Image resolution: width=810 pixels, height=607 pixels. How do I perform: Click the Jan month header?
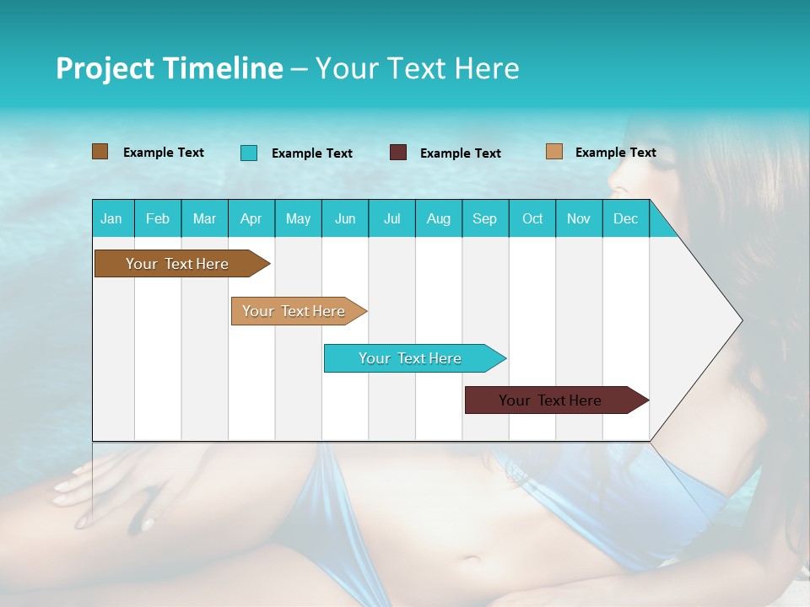[x=111, y=218]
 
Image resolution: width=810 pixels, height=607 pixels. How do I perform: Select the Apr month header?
[x=251, y=218]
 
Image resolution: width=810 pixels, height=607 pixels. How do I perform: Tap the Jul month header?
[x=391, y=218]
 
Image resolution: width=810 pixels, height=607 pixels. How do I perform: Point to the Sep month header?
[x=484, y=218]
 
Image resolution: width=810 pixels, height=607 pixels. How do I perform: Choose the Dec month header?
[x=625, y=218]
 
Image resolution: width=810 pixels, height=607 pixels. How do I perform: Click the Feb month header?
[x=158, y=218]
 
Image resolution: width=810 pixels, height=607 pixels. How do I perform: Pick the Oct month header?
[x=532, y=218]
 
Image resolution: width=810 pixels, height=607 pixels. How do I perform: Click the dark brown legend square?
[x=100, y=152]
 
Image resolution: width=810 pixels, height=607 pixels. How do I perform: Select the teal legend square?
[x=249, y=153]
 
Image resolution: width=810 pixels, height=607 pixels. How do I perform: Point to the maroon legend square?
[x=398, y=153]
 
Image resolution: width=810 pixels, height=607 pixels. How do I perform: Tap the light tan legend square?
[x=554, y=152]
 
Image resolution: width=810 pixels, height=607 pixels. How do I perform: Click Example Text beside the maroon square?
[x=460, y=153]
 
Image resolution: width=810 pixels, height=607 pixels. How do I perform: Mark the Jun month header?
[x=345, y=218]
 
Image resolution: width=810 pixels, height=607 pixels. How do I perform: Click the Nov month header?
[x=579, y=218]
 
